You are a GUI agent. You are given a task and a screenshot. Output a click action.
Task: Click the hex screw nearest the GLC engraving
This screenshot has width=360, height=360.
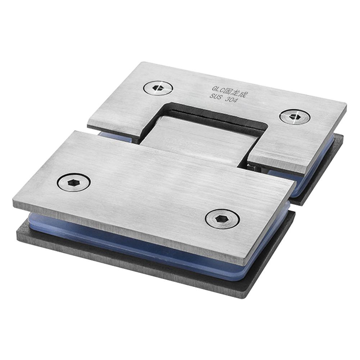pos(158,88)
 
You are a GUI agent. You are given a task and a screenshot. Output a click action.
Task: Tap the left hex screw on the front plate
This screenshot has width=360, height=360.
pos(73,183)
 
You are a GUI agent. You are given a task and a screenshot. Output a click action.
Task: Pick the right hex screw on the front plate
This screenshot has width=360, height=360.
pos(223,219)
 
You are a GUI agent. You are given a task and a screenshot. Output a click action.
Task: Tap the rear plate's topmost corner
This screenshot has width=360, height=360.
pos(140,63)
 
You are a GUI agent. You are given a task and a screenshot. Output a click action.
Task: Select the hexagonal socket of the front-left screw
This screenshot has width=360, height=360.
pos(73,183)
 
